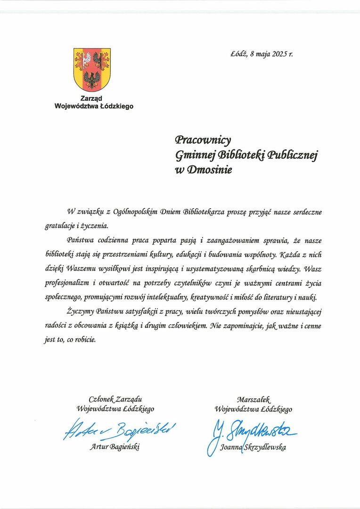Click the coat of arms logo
pyautogui.click(x=92, y=69)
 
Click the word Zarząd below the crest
pyautogui.click(x=93, y=99)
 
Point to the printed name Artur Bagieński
pyautogui.click(x=115, y=446)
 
